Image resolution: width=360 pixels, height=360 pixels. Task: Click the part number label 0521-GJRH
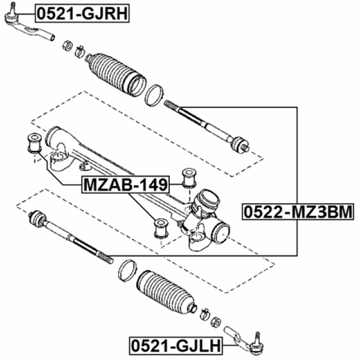point(82,12)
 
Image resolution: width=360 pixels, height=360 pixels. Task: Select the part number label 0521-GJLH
point(175,344)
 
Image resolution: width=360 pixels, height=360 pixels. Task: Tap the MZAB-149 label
point(125,184)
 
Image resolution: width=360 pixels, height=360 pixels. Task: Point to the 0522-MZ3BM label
point(298,212)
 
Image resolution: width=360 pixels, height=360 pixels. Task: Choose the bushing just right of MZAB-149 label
point(189,177)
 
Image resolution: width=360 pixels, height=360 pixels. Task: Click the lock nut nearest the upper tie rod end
point(67,45)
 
